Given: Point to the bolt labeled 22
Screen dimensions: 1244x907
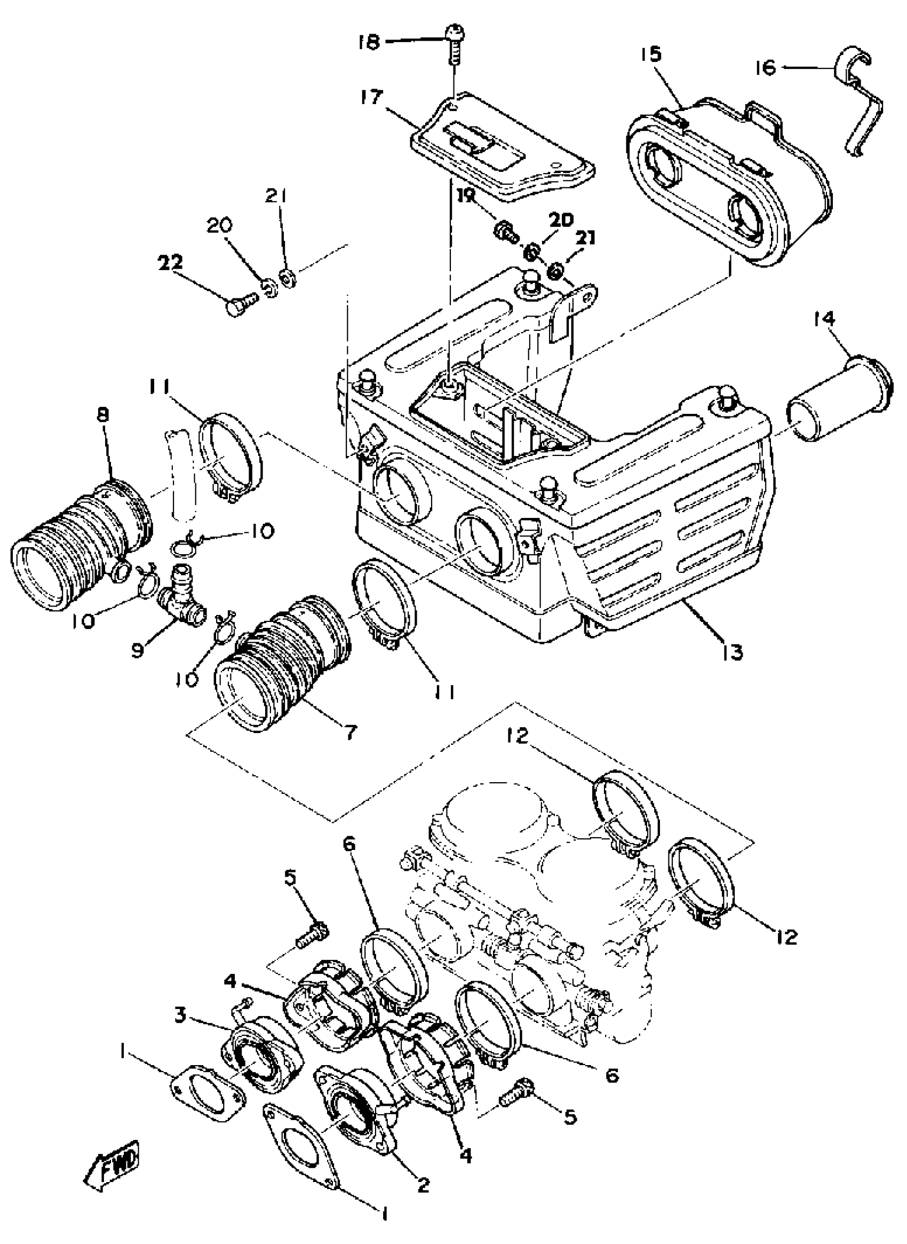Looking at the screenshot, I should (241, 302).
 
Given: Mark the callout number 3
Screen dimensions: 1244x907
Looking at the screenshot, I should (180, 1015).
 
